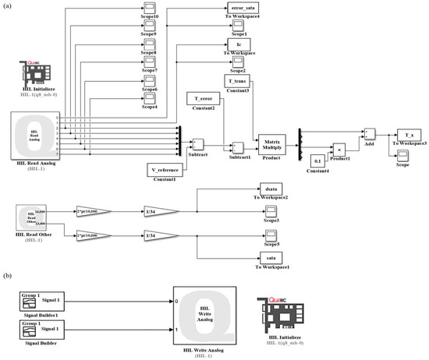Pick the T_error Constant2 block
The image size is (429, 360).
[203, 99]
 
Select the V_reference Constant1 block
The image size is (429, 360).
[165, 168]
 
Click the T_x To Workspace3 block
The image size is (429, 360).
[409, 136]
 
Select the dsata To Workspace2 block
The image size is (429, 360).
[271, 189]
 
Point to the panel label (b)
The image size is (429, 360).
[7, 278]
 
